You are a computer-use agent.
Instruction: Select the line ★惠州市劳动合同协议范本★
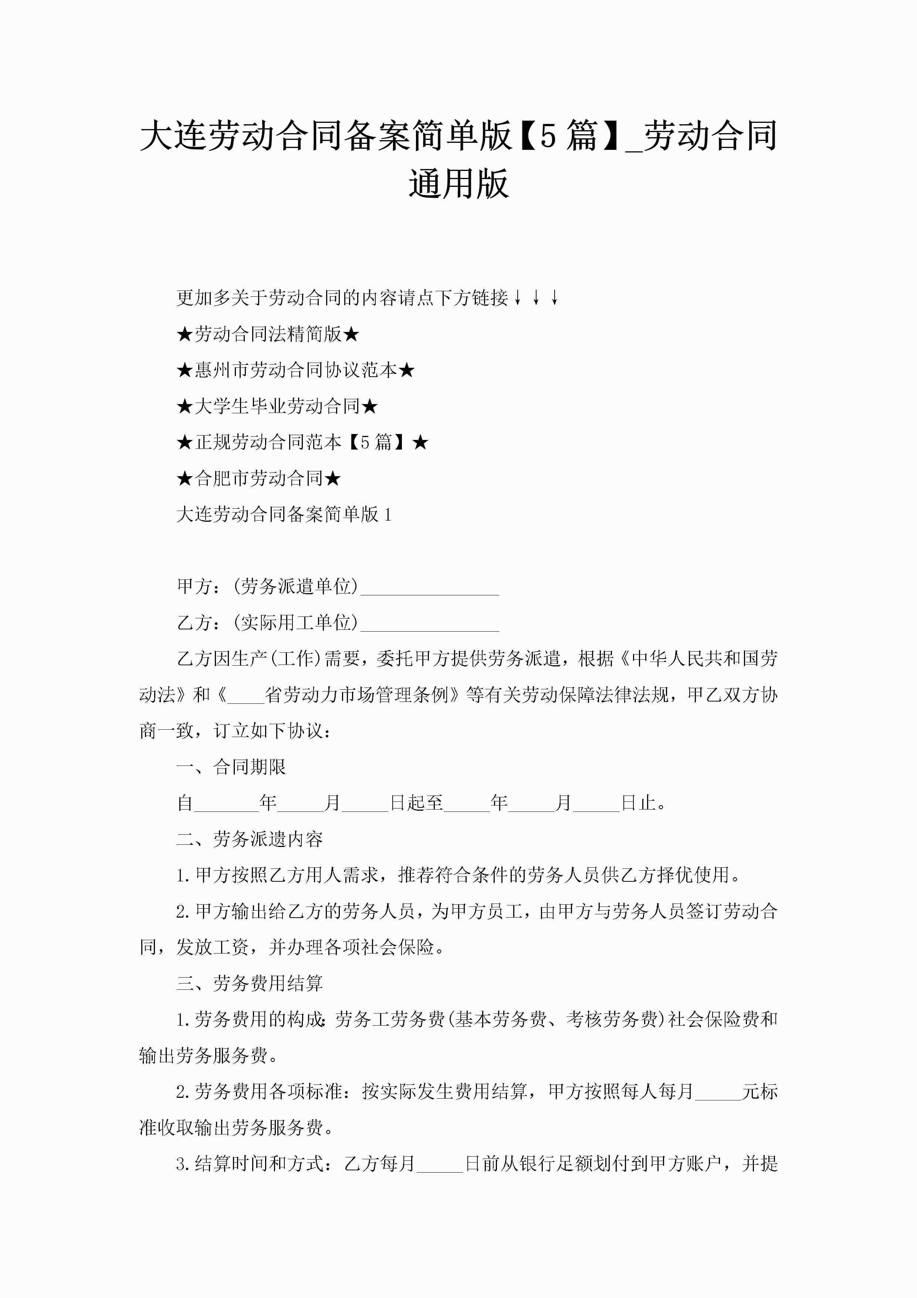click(295, 371)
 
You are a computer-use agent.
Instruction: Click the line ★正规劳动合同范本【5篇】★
click(302, 443)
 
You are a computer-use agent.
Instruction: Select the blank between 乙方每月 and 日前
click(440, 1164)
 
